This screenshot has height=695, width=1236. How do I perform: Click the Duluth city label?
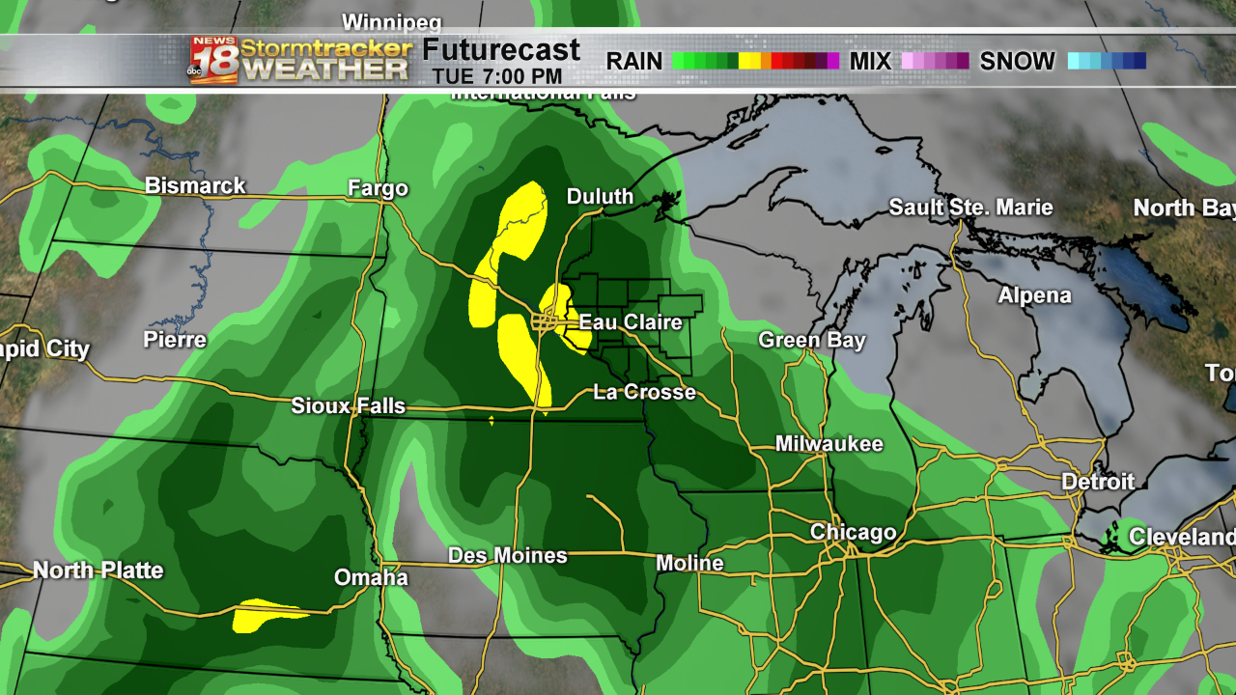pos(600,197)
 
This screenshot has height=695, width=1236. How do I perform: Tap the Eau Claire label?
pos(630,322)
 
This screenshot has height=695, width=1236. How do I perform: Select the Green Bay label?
pos(811,340)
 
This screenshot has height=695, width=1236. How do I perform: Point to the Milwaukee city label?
pos(829,444)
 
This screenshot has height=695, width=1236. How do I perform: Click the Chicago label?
pos(853,533)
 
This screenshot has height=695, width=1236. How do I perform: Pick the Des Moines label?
pos(507,556)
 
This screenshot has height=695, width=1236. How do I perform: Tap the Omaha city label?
pos(371,577)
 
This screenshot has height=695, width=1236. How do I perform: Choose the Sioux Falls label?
pos(348,406)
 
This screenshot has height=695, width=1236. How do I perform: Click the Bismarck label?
pos(195,185)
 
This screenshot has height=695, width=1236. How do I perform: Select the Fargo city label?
pos(378,188)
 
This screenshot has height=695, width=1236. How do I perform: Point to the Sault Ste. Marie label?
pos(970,208)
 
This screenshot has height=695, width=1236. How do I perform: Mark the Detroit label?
pos(1098,481)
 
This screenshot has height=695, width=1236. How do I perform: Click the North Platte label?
pos(98,570)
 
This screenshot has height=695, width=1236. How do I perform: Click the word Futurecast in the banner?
pos(501,50)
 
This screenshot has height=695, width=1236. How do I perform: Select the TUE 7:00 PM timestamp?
pos(496,76)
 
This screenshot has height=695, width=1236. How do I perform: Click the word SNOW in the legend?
pos(1017,62)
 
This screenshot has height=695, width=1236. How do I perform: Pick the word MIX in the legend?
pos(870,62)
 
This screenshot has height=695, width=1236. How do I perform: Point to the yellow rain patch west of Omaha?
pos(266,614)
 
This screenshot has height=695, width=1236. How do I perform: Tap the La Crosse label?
pos(644,392)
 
